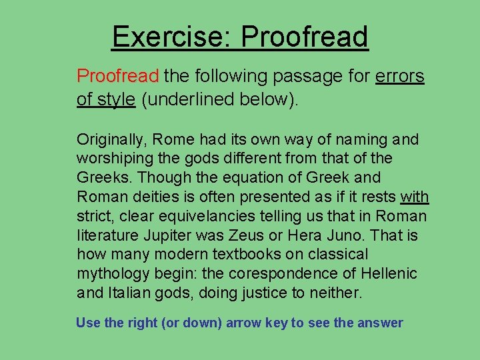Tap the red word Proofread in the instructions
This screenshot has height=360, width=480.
pos(118,76)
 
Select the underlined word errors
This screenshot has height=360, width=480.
pos(400,76)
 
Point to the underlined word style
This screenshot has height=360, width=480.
pos(117,99)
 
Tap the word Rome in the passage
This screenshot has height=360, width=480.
pos(175,139)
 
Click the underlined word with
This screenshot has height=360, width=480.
pos(415,197)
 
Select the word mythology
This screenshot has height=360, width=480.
pos(112,273)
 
